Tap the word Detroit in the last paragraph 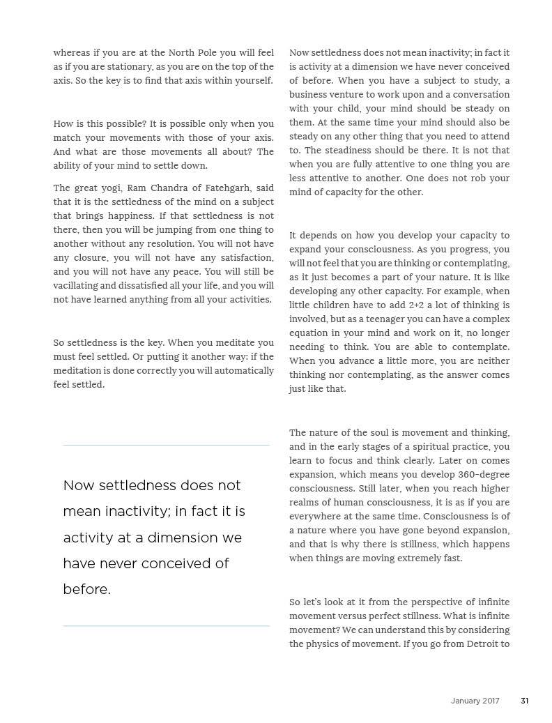pyautogui.click(x=479, y=644)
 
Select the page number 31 pyautogui.click(x=524, y=701)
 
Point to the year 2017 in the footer pyautogui.click(x=491, y=701)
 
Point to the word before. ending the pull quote pyautogui.click(x=87, y=589)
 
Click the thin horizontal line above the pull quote pyautogui.click(x=166, y=445)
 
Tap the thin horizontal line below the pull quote pyautogui.click(x=166, y=625)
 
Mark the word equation pyautogui.click(x=309, y=333)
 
